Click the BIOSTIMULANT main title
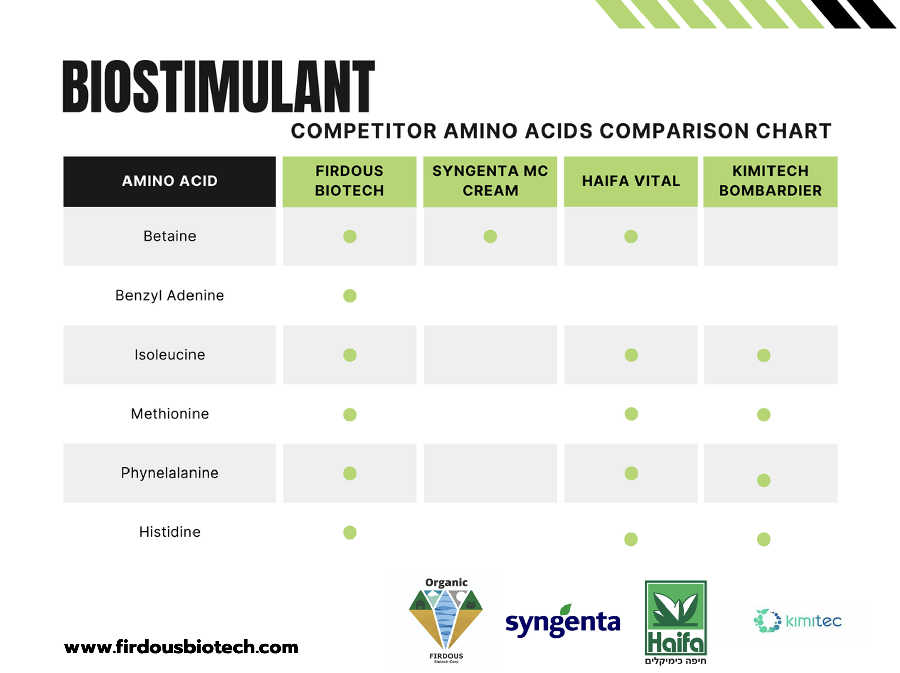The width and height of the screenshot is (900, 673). tap(219, 87)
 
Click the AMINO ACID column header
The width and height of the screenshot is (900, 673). tap(170, 181)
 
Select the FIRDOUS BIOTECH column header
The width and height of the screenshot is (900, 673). tap(350, 181)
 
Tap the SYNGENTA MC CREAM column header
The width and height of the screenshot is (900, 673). tap(490, 181)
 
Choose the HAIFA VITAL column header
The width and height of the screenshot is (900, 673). tap(631, 181)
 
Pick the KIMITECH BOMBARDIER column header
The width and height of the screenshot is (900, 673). tap(770, 181)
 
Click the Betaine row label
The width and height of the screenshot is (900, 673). tap(170, 236)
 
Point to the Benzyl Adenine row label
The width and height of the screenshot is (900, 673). tap(170, 296)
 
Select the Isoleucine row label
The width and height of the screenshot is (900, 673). tap(170, 355)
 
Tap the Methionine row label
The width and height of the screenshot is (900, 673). tap(170, 414)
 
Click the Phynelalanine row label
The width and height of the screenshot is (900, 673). tap(170, 473)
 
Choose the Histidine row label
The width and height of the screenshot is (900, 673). tap(170, 532)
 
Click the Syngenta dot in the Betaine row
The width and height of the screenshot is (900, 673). tap(490, 236)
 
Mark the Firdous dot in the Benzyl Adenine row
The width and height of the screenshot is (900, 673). tap(350, 296)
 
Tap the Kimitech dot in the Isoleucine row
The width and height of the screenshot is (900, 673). tap(764, 355)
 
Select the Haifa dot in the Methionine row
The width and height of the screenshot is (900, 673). tap(631, 414)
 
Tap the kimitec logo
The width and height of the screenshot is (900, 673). tap(797, 621)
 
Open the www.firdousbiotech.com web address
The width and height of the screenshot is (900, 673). tap(181, 647)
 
